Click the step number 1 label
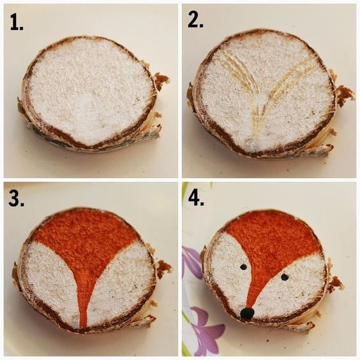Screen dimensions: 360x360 click(x=17, y=22)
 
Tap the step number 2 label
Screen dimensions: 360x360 click(x=195, y=20)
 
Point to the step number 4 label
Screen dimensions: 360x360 click(x=196, y=197)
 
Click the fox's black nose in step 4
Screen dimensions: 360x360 click(x=247, y=313)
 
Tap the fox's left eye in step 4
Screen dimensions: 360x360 click(x=244, y=267)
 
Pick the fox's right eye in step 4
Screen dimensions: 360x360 click(x=285, y=277)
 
